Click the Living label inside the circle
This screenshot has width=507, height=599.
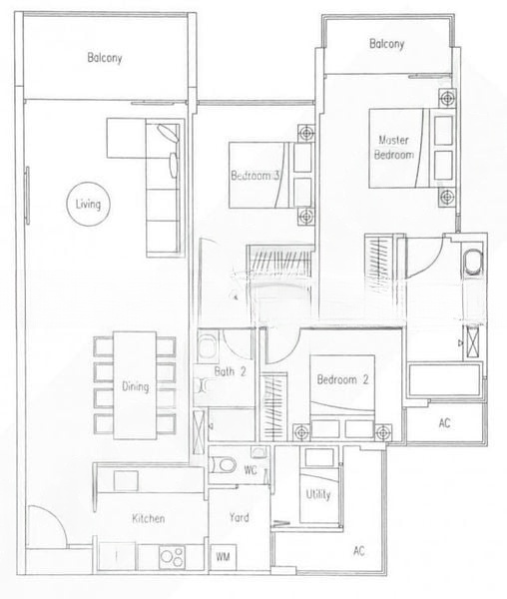tap(88, 204)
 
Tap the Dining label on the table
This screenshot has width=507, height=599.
tap(135, 386)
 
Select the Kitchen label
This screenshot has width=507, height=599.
tap(149, 518)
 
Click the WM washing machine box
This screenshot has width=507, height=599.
tap(224, 557)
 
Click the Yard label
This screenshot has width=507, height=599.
tap(240, 517)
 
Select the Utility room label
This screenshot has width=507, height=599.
tap(318, 495)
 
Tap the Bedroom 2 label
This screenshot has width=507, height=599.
tap(343, 379)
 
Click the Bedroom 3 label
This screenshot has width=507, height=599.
tap(255, 176)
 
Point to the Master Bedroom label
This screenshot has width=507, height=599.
tap(394, 148)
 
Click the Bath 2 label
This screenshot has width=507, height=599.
tap(230, 371)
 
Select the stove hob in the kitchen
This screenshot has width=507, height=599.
tap(173, 557)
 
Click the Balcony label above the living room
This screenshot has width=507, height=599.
tap(105, 58)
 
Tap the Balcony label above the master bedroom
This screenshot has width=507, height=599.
tap(387, 44)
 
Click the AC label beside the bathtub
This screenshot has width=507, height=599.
tap(444, 423)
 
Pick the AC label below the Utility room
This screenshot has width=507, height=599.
tap(359, 550)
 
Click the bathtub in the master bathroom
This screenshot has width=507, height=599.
tap(444, 379)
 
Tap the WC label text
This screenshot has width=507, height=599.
tap(251, 470)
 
